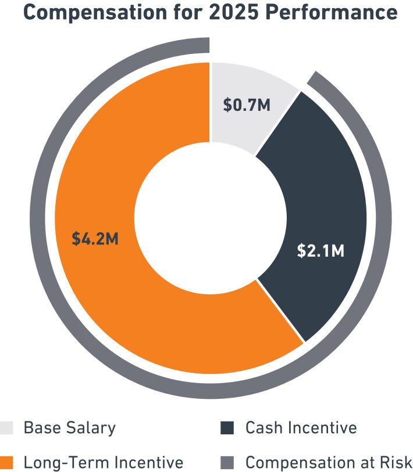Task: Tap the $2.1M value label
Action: pyautogui.click(x=321, y=250)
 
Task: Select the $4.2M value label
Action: pyautogui.click(x=95, y=238)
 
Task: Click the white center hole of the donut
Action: pyautogui.click(x=211, y=220)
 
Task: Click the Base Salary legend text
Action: pyautogui.click(x=69, y=428)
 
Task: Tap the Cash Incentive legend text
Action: pyautogui.click(x=301, y=428)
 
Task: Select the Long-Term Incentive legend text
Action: pyautogui.click(x=103, y=463)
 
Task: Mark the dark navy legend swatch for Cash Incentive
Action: pyautogui.click(x=227, y=428)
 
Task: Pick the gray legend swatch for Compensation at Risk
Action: pyautogui.click(x=227, y=463)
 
